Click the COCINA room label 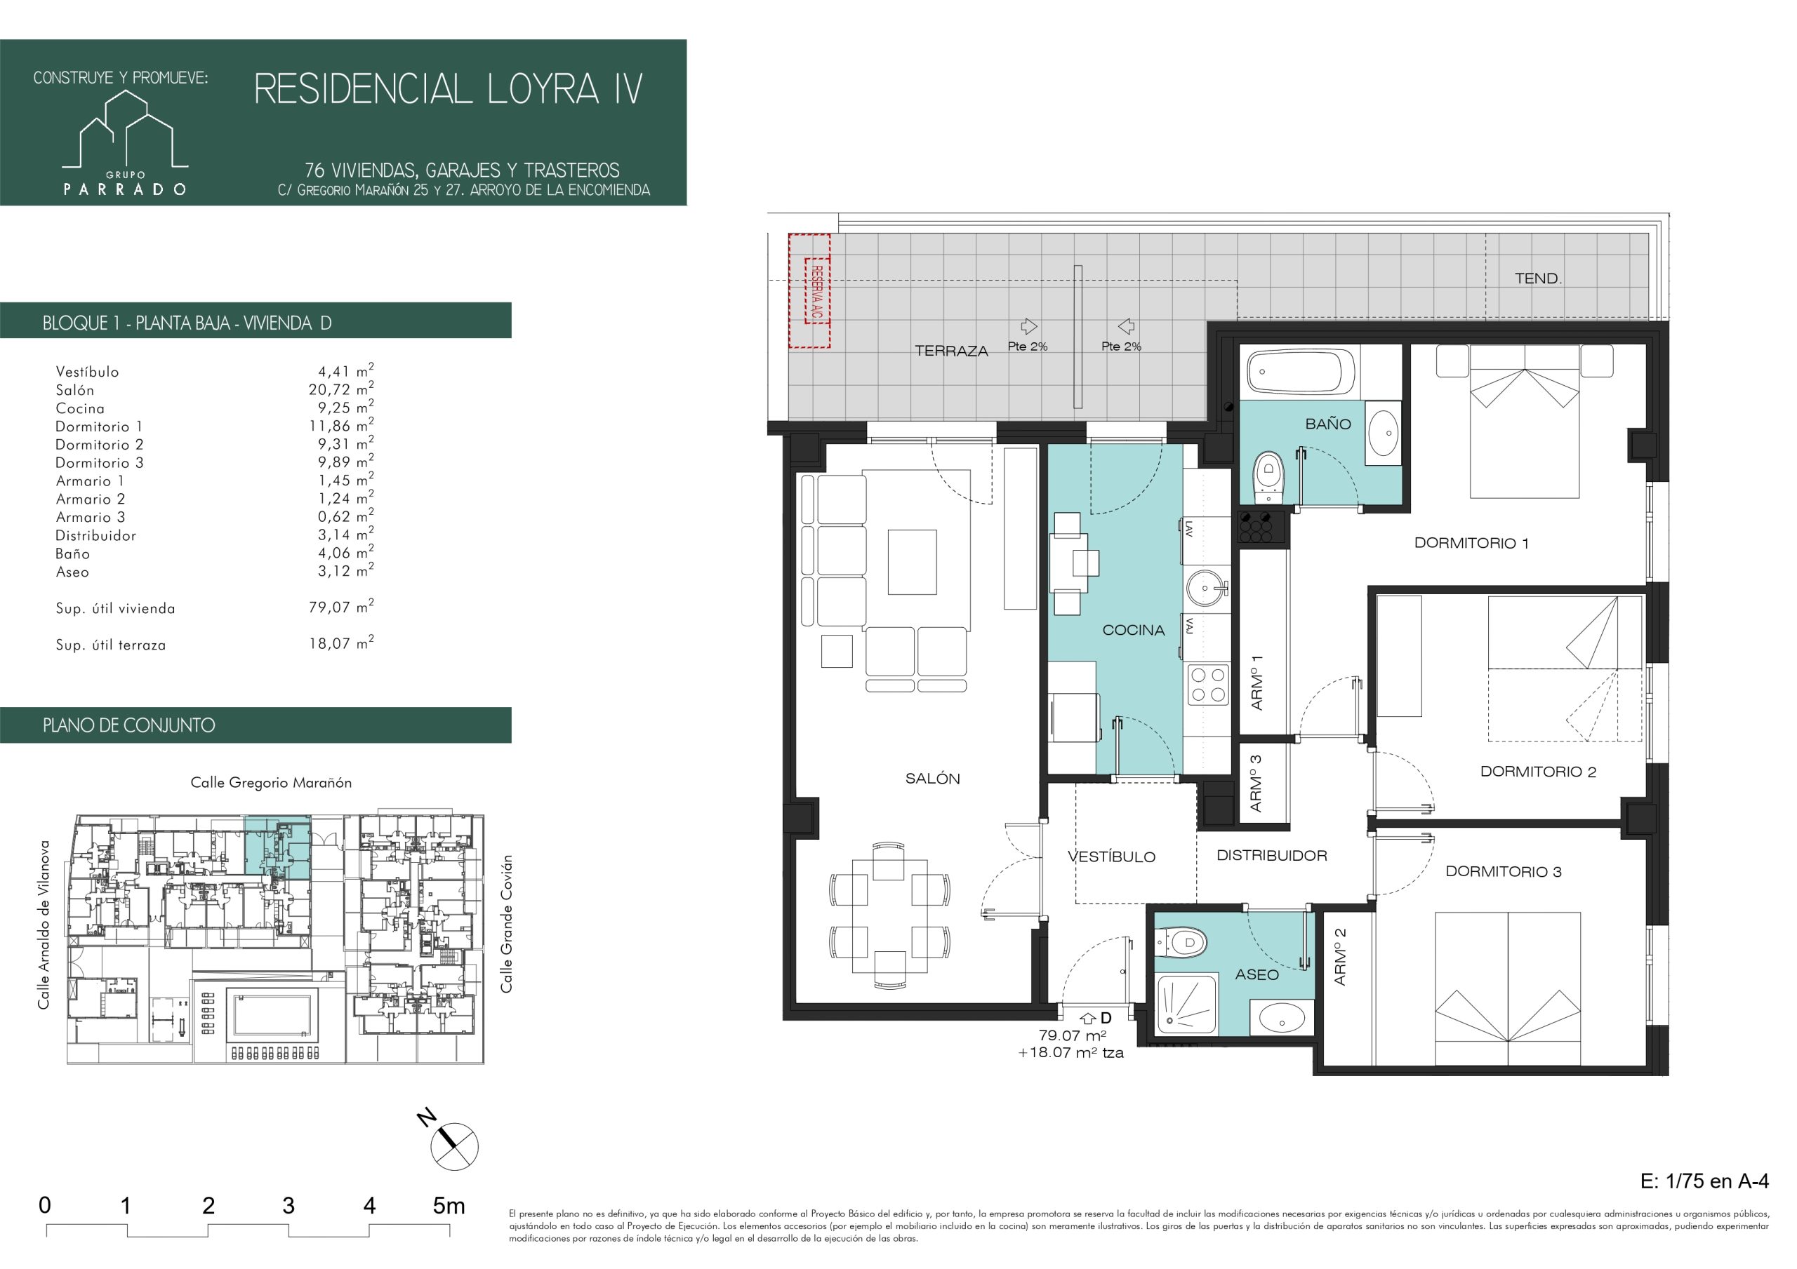tap(1133, 630)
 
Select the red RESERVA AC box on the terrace tap(809, 290)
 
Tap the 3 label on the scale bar tap(288, 1206)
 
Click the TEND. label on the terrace tap(1538, 278)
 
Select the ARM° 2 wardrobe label tap(1340, 956)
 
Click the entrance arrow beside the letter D tap(1088, 1018)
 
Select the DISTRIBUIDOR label tap(1272, 856)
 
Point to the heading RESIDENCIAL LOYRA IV tap(449, 89)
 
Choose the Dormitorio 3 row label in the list tap(100, 462)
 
